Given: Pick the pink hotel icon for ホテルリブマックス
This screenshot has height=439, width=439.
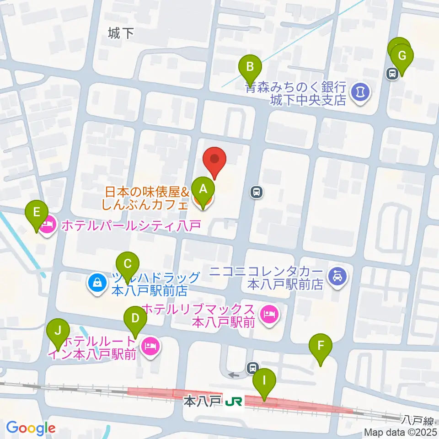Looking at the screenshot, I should [x=268, y=315].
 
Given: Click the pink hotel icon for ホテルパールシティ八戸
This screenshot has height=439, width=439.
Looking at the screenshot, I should [x=48, y=225].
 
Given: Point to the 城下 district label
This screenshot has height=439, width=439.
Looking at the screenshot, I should [x=121, y=33].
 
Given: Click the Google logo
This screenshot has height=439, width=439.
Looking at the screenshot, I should [x=30, y=428].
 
